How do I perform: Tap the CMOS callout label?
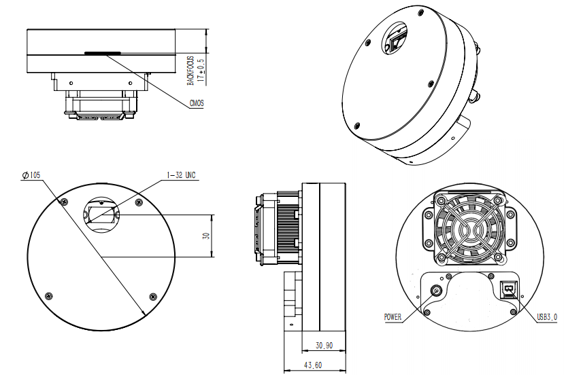[x=196, y=104]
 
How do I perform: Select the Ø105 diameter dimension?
[x=31, y=175]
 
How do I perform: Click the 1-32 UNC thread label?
[x=181, y=175]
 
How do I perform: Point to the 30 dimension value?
[x=205, y=236]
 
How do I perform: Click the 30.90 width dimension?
[x=324, y=345]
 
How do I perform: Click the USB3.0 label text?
[x=546, y=316]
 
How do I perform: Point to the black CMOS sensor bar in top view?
[x=102, y=52]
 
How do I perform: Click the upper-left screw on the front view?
[x=64, y=202]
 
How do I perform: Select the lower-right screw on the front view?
[x=152, y=296]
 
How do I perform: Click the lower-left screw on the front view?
[x=47, y=295]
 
